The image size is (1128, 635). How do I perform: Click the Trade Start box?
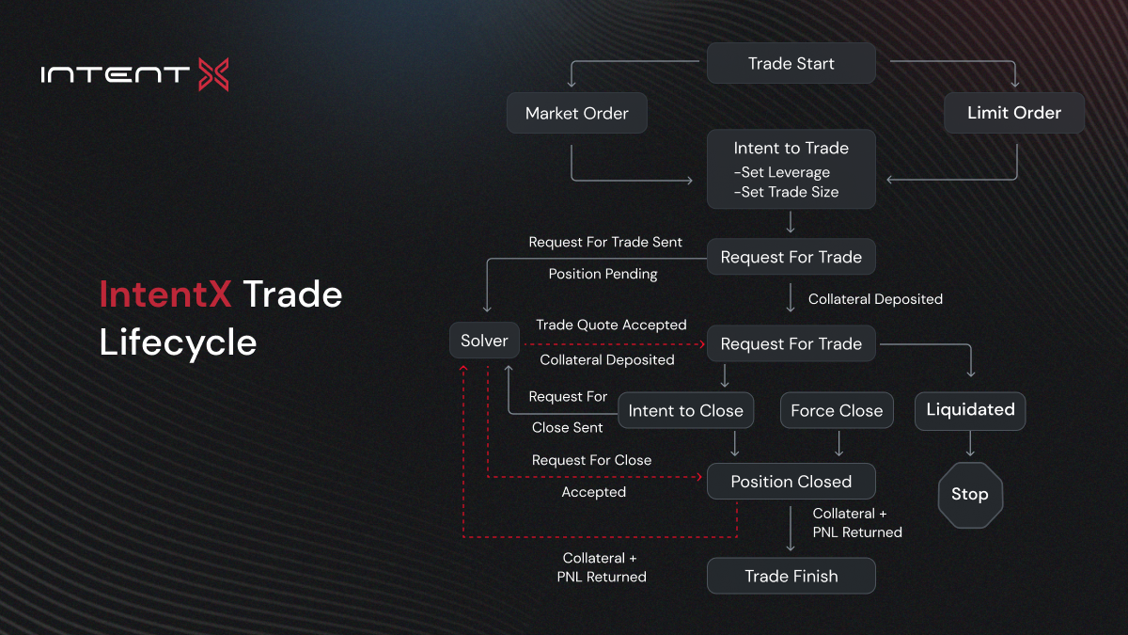coord(791,63)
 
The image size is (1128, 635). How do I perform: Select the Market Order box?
coord(576,113)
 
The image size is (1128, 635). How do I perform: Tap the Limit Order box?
coord(1014,112)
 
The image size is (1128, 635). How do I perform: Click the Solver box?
coord(484,341)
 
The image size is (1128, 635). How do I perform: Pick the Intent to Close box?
coord(685,410)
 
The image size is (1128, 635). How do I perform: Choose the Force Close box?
coord(837,410)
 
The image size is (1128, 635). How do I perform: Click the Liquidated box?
coord(970,410)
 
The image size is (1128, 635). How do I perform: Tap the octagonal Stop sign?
coord(970,495)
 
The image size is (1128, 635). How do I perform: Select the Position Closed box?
coord(791,482)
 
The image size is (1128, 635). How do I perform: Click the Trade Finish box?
coord(791,576)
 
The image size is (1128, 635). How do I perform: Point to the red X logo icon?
coord(213,74)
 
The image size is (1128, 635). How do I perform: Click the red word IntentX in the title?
coord(165,294)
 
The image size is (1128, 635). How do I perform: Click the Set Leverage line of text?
coord(781,172)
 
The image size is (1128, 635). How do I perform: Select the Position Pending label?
coord(603,274)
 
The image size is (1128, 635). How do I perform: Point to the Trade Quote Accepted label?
coord(611,325)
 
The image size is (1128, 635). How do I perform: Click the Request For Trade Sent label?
coord(605,242)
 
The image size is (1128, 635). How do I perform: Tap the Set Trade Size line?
coord(786,192)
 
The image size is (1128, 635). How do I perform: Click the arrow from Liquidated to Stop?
coord(970,444)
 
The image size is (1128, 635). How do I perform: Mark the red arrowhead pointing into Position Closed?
coord(699,477)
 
